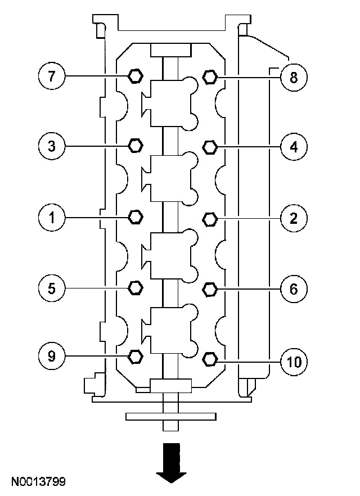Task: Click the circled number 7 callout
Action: (x=52, y=76)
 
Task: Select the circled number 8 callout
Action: (x=293, y=76)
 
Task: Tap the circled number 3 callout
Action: (x=52, y=146)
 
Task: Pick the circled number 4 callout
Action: (x=293, y=146)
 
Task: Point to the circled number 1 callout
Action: (x=52, y=217)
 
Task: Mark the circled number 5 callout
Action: (x=52, y=288)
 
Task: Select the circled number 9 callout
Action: (x=52, y=356)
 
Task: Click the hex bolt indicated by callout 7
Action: (x=135, y=75)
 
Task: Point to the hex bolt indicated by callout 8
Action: (x=209, y=76)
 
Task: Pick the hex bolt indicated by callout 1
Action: (x=135, y=217)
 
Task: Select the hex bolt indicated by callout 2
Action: (x=209, y=218)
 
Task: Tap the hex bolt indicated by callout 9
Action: (x=135, y=355)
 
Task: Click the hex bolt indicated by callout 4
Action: (x=209, y=147)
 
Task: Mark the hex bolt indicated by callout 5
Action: (x=135, y=288)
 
